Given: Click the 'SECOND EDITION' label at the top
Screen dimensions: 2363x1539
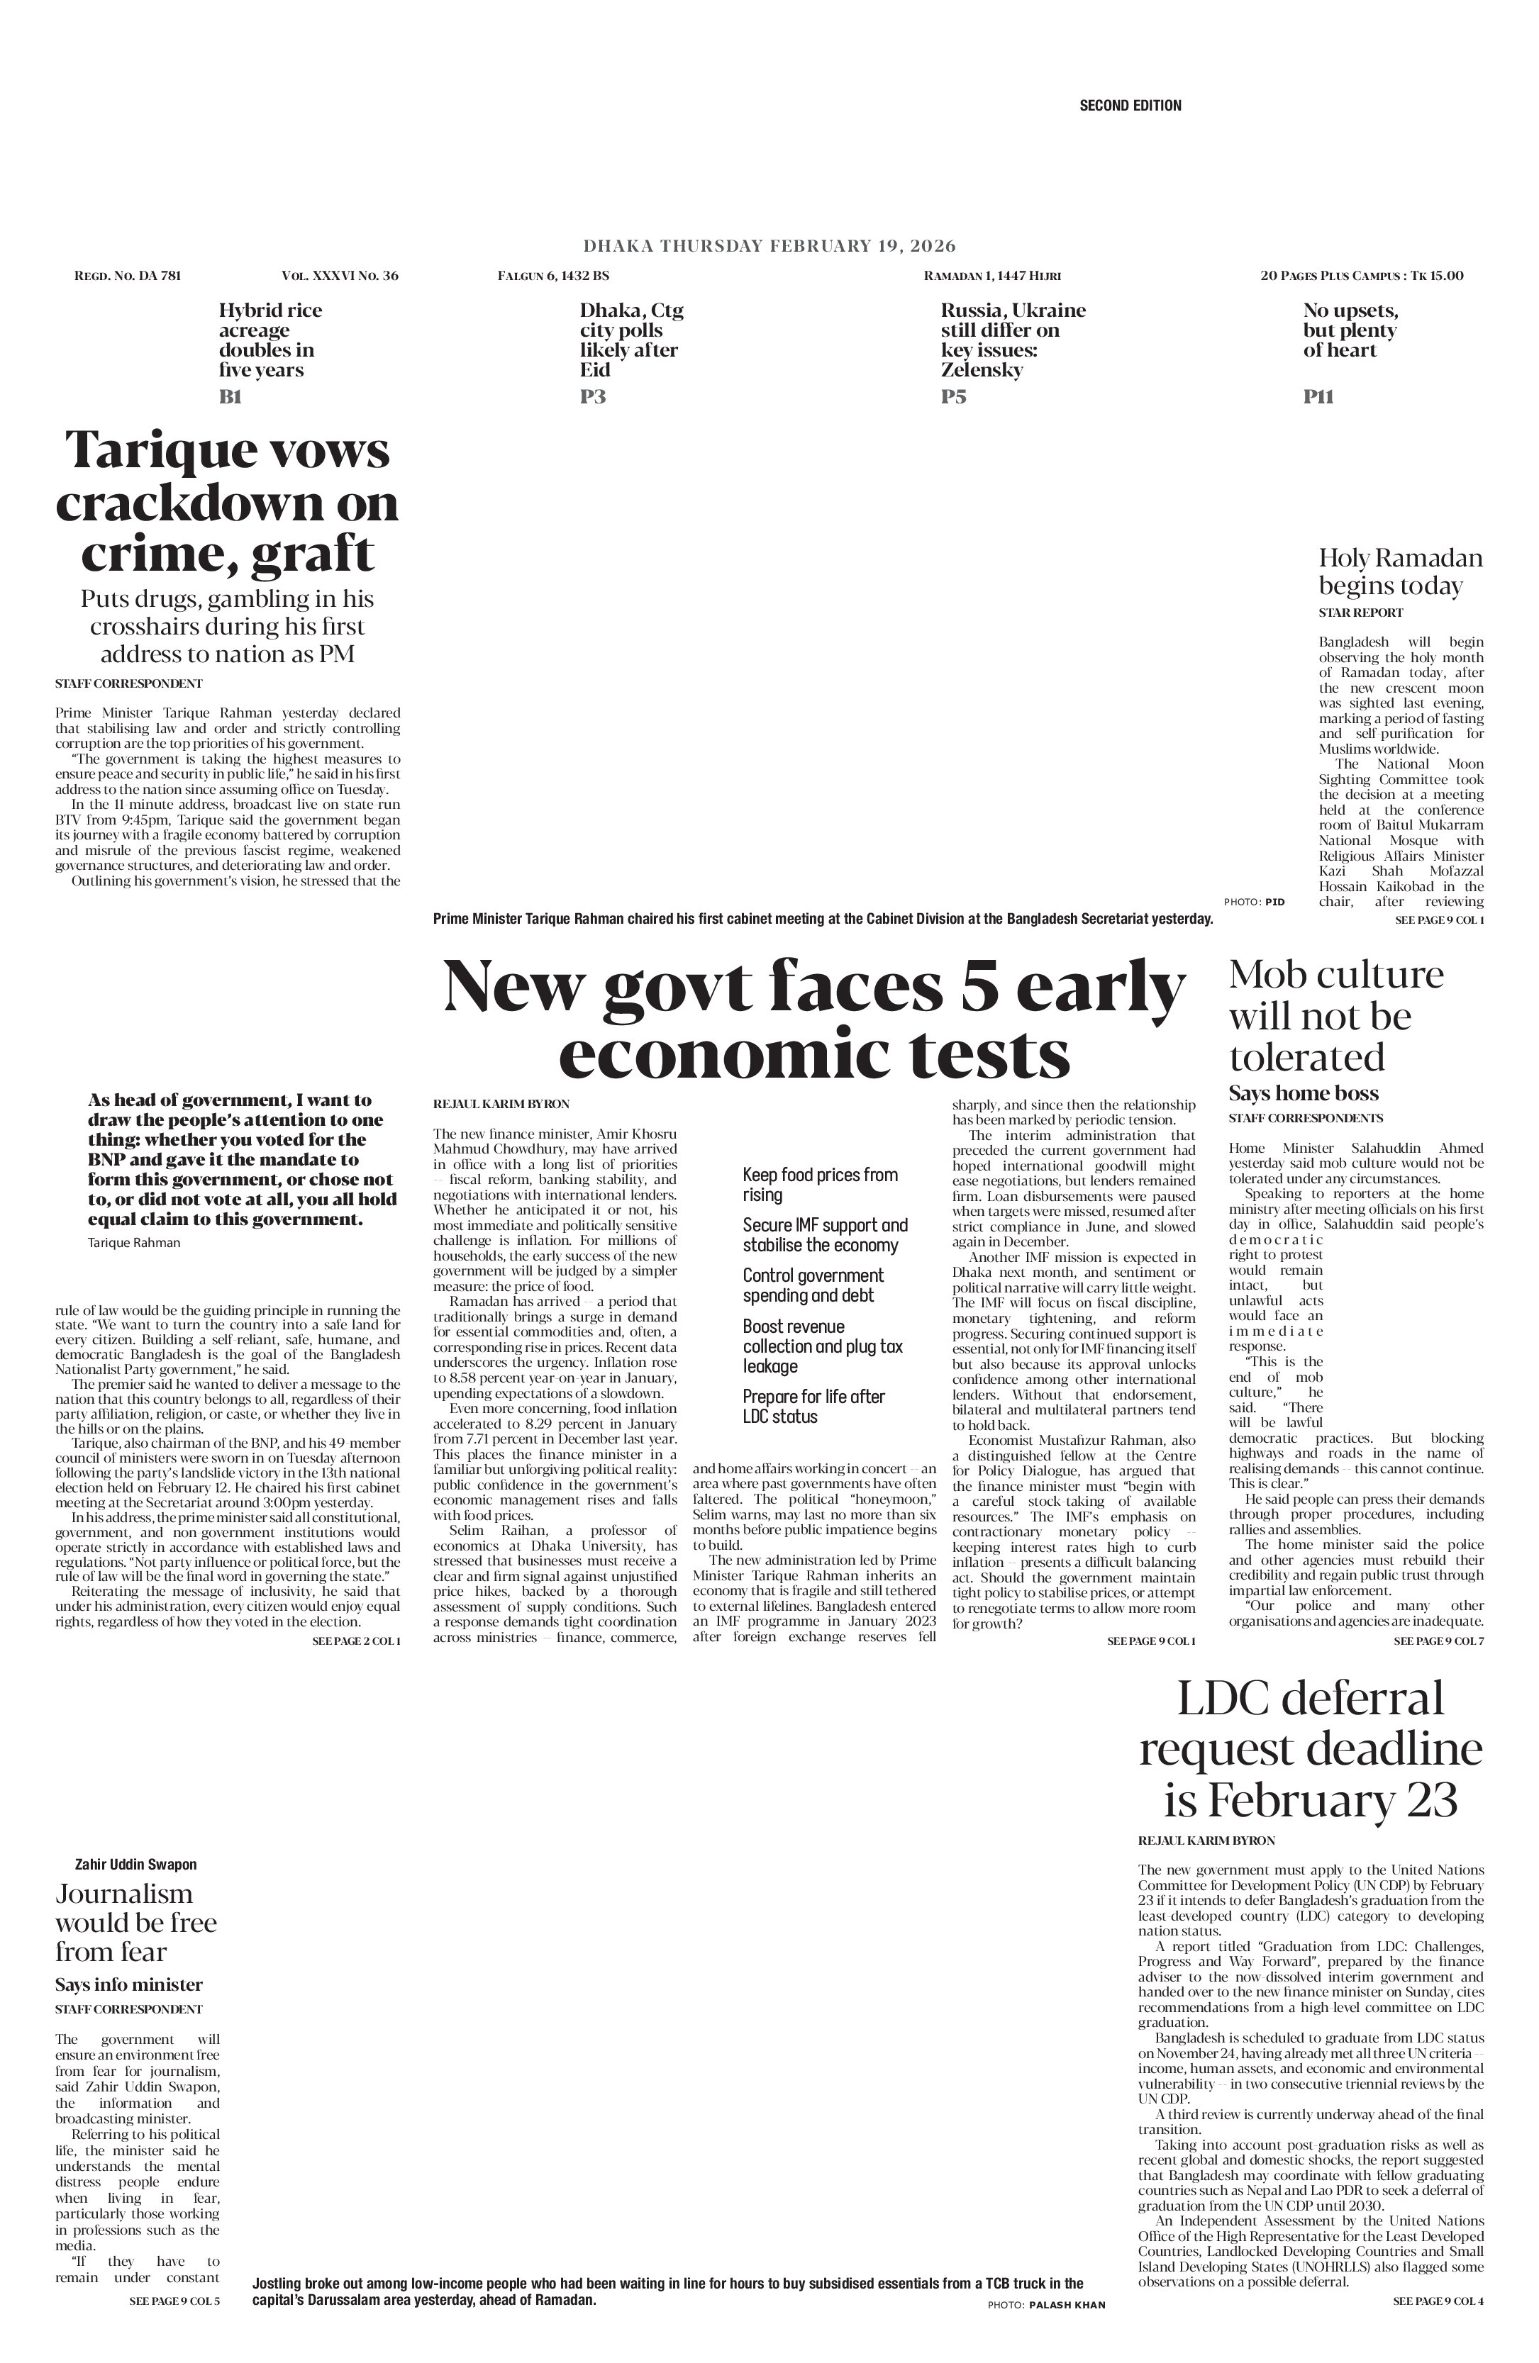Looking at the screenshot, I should (1130, 105).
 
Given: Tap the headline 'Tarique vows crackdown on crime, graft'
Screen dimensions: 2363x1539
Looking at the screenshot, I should (228, 503).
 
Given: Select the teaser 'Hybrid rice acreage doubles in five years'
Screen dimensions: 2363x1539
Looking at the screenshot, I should (270, 340).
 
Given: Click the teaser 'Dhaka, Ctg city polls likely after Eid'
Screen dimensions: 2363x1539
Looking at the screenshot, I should (631, 340).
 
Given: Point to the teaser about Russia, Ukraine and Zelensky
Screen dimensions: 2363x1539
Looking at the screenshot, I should (1013, 340).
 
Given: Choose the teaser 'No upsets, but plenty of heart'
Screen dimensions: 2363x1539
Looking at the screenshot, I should (1350, 330).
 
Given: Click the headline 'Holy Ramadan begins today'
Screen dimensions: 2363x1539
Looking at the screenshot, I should (1400, 572).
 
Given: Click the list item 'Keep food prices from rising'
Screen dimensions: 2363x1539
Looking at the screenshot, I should (820, 1185).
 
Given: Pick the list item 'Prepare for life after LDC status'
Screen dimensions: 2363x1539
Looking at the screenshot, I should (813, 1406).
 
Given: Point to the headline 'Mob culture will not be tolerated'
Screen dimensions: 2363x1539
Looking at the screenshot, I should (1335, 1017).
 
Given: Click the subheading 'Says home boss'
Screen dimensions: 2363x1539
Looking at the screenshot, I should (1304, 1093).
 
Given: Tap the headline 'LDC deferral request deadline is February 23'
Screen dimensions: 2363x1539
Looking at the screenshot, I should (1311, 1750).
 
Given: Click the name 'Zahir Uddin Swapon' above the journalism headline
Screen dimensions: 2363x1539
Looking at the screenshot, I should (136, 1865).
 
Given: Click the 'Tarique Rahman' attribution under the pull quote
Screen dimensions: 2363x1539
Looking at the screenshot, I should (134, 1243).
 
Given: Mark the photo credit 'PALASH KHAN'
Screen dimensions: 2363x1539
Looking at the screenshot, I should (1067, 2304).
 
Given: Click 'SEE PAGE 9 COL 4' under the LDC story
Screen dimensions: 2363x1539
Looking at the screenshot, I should (1438, 2301).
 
